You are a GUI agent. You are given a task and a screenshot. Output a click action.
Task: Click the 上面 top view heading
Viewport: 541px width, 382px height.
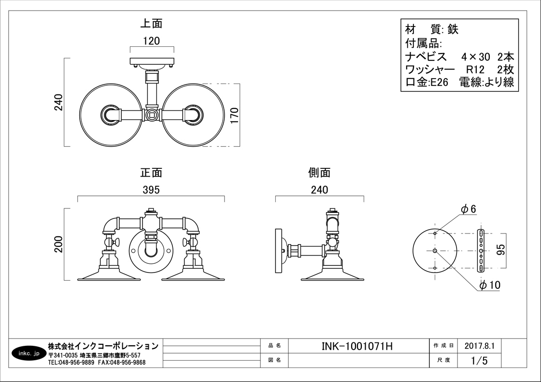click(x=151, y=24)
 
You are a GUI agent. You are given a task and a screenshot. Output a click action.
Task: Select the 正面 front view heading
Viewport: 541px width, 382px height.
click(x=151, y=172)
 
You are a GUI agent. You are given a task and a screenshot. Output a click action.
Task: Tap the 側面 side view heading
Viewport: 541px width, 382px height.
click(x=319, y=172)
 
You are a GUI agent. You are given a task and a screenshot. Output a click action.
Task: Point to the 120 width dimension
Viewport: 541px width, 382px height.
click(x=152, y=41)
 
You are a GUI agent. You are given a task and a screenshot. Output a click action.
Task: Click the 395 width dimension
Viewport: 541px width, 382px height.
click(x=151, y=190)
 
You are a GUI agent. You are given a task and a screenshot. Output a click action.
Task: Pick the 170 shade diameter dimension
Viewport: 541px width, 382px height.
click(x=234, y=116)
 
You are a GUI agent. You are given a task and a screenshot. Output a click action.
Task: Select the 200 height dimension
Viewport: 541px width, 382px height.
click(x=59, y=244)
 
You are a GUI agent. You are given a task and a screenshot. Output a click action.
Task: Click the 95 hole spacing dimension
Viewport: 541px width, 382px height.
click(x=500, y=249)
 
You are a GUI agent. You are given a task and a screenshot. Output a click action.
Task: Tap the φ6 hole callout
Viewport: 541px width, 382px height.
click(x=468, y=209)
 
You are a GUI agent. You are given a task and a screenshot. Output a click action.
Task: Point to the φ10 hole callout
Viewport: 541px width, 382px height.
click(x=490, y=285)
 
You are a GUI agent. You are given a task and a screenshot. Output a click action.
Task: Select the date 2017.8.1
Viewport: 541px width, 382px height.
click(x=480, y=346)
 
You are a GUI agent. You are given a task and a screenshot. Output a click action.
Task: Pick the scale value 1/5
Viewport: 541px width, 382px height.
click(x=480, y=361)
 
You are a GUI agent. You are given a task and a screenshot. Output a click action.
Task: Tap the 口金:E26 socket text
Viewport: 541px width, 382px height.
click(x=428, y=82)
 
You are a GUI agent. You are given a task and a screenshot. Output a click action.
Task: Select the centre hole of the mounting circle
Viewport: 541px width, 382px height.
click(x=435, y=250)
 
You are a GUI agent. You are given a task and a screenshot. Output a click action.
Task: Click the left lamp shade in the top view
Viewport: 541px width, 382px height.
click(x=111, y=115)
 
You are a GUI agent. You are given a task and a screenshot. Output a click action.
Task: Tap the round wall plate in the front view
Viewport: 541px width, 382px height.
click(x=151, y=250)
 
